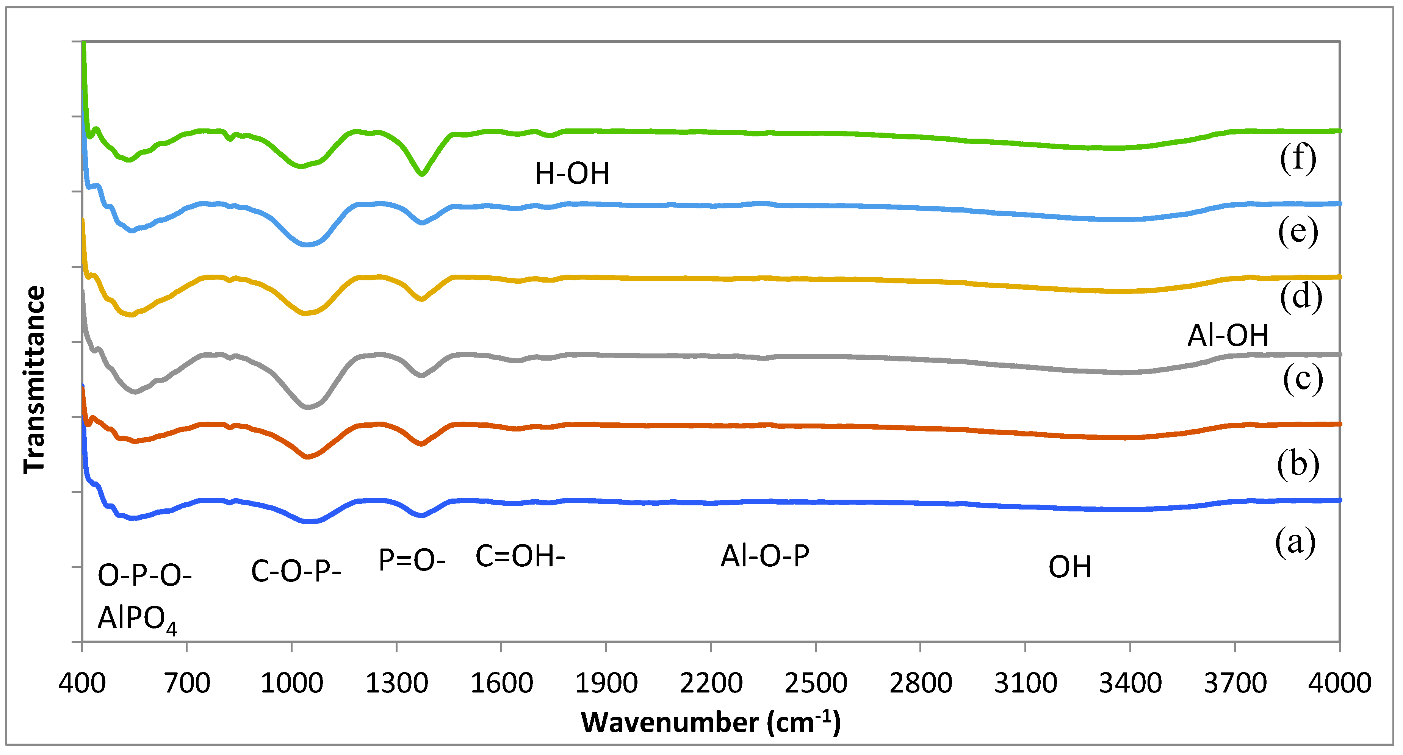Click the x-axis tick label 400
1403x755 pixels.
pyautogui.click(x=82, y=683)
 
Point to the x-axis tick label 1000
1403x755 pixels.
pyautogui.click(x=291, y=683)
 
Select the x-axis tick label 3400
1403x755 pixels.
pyautogui.click(x=1130, y=683)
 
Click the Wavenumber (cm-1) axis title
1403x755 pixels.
pyautogui.click(x=711, y=723)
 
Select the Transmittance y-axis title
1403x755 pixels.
pyautogui.click(x=34, y=380)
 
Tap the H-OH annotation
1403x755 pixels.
pyautogui.click(x=572, y=174)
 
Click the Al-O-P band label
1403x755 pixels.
pyautogui.click(x=765, y=556)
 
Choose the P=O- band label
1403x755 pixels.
pyautogui.click(x=412, y=560)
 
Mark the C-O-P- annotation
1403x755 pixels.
pyautogui.click(x=296, y=572)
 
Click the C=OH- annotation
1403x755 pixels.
pyautogui.click(x=520, y=556)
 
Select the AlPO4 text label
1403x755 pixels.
pyautogui.click(x=137, y=619)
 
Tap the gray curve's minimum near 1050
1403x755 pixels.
pyautogui.click(x=308, y=406)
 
